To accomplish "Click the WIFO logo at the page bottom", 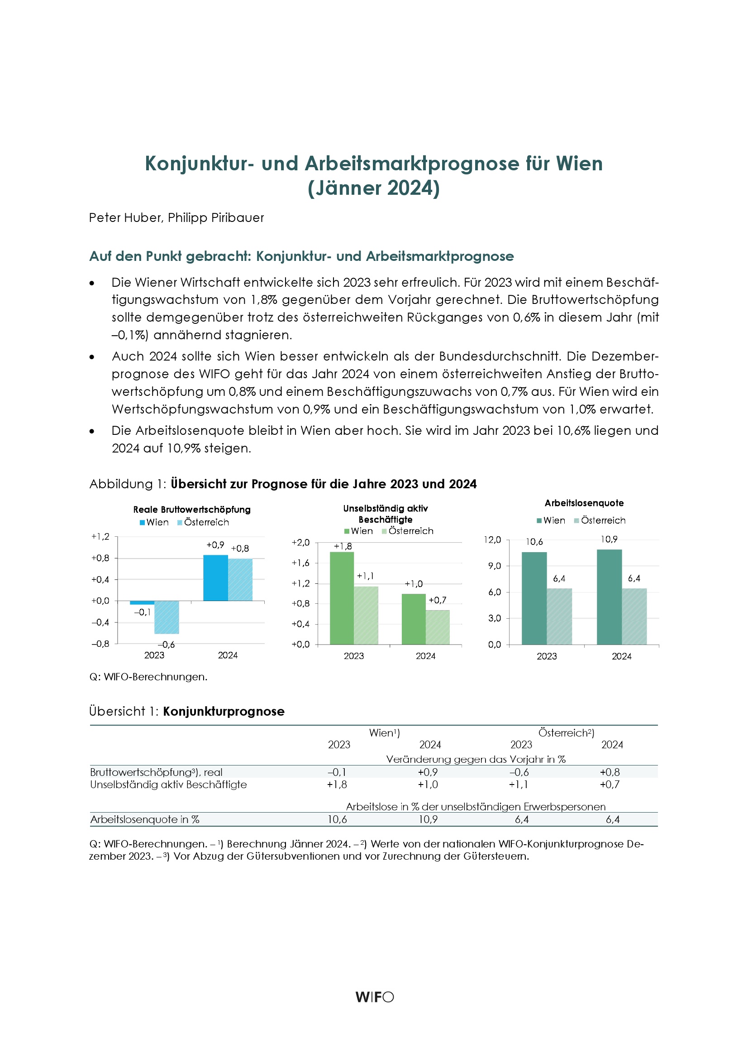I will tap(374, 997).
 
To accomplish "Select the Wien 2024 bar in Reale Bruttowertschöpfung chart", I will tap(215, 578).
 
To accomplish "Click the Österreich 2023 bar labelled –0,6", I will tap(167, 617).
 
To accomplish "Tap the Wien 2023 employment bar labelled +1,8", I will tap(342, 598).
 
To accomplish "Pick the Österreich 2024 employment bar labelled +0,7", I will tap(438, 627).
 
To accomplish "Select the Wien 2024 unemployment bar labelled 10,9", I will tap(609, 597).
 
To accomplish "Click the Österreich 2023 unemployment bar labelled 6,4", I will tap(559, 616).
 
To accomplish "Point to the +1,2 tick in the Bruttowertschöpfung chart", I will tap(100, 536).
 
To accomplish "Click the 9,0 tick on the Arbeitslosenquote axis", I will tap(495, 566).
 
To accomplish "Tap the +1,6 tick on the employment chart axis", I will tap(300, 563).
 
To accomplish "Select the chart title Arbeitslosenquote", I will tap(584, 503).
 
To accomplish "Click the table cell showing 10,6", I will tap(338, 819).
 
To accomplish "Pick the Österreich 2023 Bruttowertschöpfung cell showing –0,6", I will tap(519, 772).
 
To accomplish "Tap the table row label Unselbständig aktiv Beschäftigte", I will tap(168, 785).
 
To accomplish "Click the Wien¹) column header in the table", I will tap(384, 733).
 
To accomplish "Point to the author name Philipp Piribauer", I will tap(216, 218).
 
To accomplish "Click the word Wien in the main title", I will tap(579, 164).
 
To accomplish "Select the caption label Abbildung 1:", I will tap(128, 484).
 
